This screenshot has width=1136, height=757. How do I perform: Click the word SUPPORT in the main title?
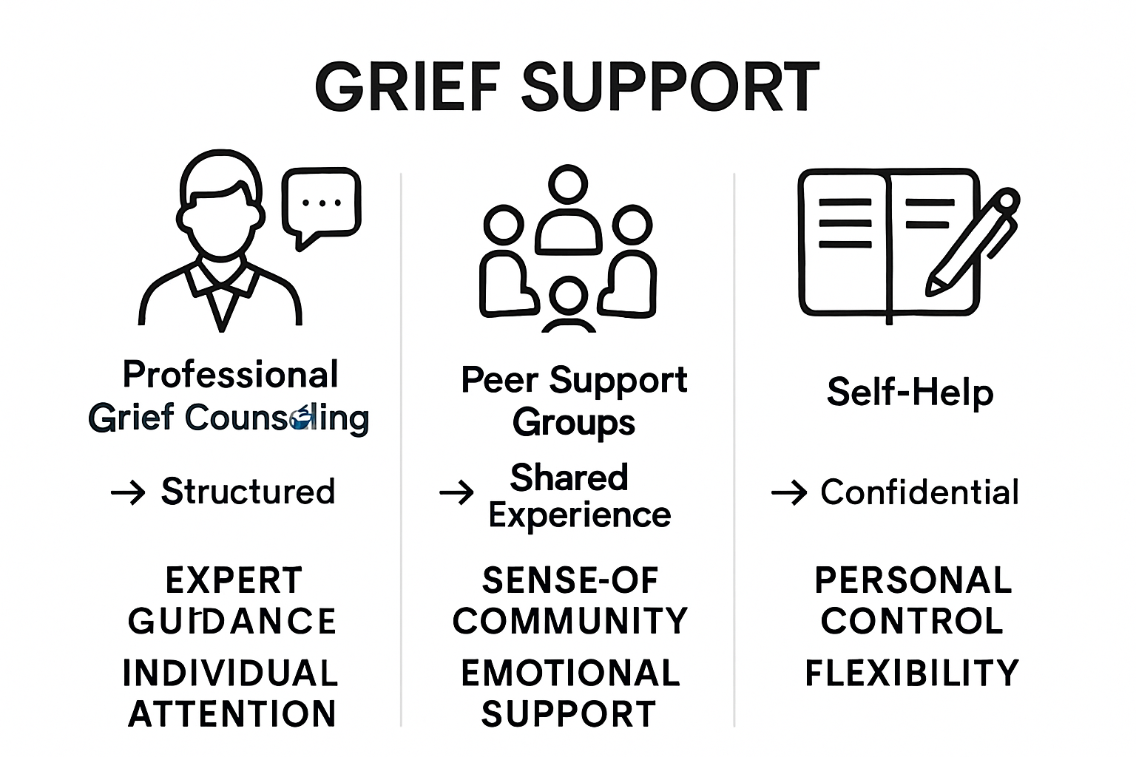coord(670,86)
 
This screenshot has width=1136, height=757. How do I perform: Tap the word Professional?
coord(231,375)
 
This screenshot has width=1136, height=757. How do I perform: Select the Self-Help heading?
coord(910,392)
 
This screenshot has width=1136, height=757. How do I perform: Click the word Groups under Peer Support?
coord(574,423)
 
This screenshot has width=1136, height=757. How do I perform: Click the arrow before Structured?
coord(128,492)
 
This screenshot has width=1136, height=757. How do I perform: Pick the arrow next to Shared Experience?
coord(456,492)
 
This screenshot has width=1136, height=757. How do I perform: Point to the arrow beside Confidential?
coord(788,492)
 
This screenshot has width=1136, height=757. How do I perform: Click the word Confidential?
coord(919,492)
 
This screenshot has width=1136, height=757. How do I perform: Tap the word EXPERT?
coord(234,581)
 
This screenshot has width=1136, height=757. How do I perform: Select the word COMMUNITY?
coord(570,621)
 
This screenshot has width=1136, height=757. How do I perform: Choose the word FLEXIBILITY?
coord(912,673)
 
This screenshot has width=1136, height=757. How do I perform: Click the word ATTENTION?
coord(232,714)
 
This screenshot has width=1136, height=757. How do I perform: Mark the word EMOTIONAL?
coord(570,673)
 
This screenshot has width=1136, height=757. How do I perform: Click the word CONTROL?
coord(912,621)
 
